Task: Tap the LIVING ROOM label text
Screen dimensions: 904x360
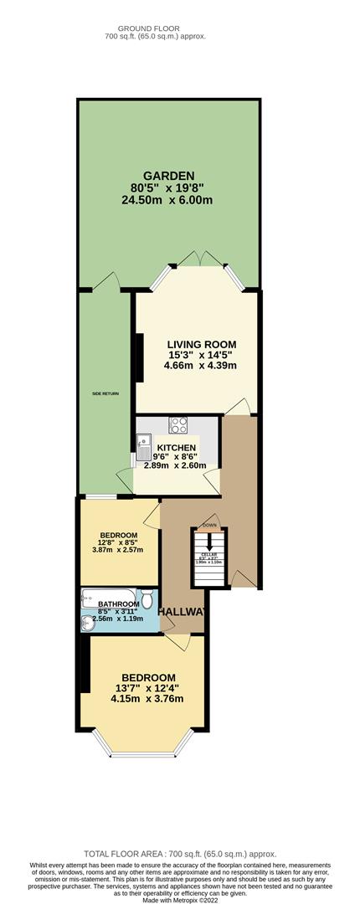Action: (x=201, y=344)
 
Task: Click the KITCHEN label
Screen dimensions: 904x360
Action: (x=177, y=448)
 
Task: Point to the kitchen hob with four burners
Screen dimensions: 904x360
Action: (x=178, y=424)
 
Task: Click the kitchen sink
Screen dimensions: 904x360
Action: (x=144, y=444)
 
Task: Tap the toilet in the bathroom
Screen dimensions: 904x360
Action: (x=147, y=600)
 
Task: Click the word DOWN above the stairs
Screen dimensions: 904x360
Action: (x=209, y=526)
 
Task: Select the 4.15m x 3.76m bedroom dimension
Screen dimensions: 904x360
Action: (x=149, y=699)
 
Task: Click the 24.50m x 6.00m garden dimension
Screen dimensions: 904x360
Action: (x=167, y=200)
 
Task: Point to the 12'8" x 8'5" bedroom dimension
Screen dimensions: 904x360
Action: (x=117, y=542)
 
